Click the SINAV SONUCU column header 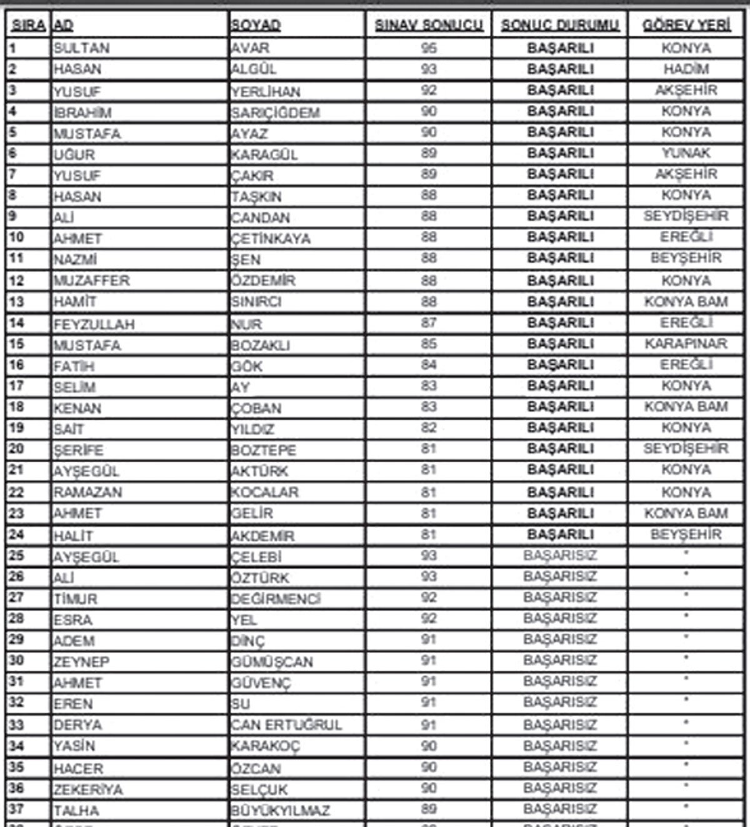[x=429, y=25]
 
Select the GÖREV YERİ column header [x=686, y=25]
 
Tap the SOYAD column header [x=256, y=26]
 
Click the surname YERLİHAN [x=266, y=92]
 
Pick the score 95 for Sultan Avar [x=429, y=48]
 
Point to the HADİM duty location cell [x=686, y=69]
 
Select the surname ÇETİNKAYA [x=271, y=239]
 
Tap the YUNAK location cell [x=686, y=153]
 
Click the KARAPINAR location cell [x=686, y=344]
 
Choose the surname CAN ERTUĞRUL [x=286, y=725]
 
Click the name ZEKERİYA [x=88, y=789]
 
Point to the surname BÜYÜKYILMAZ [x=280, y=811]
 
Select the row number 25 [x=17, y=556]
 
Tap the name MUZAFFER [x=91, y=281]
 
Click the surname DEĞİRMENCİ [x=276, y=599]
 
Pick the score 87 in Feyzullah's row [x=429, y=323]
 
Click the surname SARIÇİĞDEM [x=275, y=113]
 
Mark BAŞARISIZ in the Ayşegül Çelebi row [x=560, y=556]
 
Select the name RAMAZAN [x=87, y=492]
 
